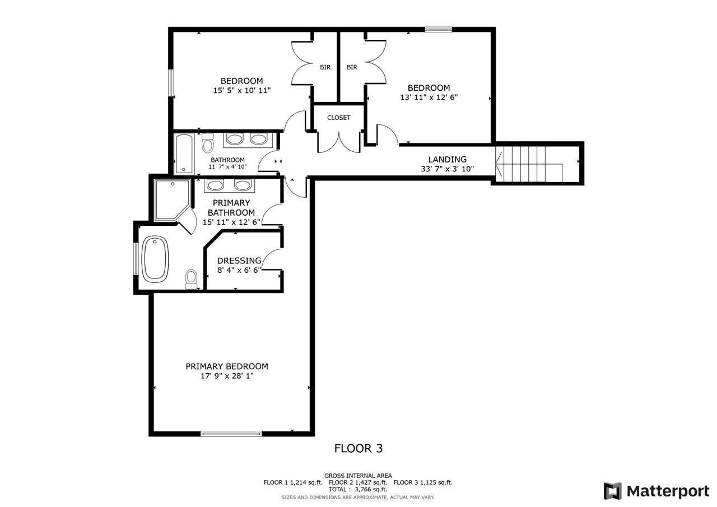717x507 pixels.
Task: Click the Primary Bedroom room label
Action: [227, 366]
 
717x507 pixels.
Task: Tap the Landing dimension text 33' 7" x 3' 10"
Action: [447, 169]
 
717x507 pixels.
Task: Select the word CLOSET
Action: [339, 118]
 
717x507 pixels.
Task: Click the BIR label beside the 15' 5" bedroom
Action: [325, 67]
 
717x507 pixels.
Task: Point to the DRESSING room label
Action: [239, 261]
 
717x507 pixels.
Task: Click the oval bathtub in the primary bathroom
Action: [155, 259]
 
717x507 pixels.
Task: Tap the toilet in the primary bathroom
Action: [192, 279]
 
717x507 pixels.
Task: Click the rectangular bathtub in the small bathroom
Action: [184, 154]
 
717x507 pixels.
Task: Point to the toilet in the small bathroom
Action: [208, 143]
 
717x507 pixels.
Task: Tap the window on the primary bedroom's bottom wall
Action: [231, 434]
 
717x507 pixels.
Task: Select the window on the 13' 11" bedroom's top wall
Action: [439, 30]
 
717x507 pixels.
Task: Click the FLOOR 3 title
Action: [358, 448]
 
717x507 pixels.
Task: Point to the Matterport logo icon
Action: [613, 491]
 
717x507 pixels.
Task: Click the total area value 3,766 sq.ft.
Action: [371, 490]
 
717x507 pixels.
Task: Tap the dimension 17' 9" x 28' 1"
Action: [227, 376]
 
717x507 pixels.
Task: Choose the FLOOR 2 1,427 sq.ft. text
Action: [358, 482]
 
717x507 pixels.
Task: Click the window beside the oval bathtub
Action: [136, 259]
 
